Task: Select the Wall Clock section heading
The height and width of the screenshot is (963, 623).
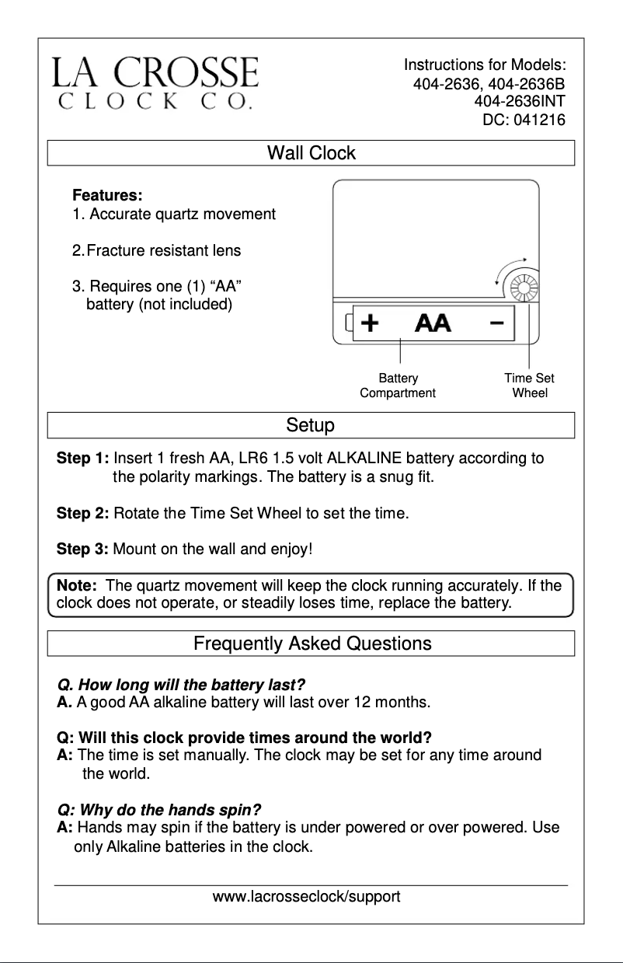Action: click(x=311, y=153)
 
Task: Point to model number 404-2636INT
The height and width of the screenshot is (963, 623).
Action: click(x=519, y=102)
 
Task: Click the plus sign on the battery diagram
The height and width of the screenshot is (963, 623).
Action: click(x=371, y=323)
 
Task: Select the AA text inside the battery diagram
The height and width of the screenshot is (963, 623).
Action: click(x=433, y=323)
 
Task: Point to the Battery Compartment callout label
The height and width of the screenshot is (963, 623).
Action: click(x=398, y=386)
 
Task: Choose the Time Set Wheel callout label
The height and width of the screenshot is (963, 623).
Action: click(x=530, y=386)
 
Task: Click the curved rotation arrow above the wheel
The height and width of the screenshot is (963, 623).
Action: click(x=509, y=268)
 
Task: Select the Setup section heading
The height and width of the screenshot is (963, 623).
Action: click(x=310, y=426)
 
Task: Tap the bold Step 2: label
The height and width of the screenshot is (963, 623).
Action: click(x=82, y=514)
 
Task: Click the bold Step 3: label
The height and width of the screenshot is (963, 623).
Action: click(x=82, y=550)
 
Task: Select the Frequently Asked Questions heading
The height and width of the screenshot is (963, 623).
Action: click(x=312, y=644)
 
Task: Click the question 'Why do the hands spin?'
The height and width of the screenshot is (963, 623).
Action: click(x=158, y=809)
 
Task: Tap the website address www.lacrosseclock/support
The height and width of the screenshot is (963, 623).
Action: click(x=307, y=897)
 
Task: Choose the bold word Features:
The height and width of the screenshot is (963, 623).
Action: click(x=107, y=195)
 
